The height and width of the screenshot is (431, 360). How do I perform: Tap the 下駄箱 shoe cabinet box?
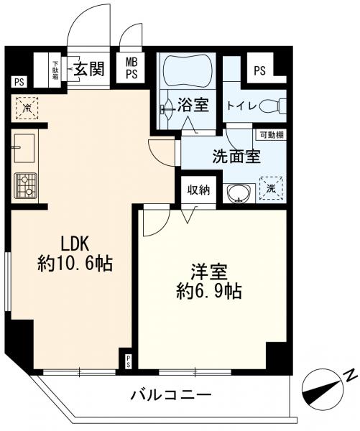pos(55,70)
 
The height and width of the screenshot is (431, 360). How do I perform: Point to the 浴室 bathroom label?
pos(194,106)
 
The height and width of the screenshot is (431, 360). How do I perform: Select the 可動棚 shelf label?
pos(270,134)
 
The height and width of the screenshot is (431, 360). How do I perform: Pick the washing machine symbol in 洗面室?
pos(271,187)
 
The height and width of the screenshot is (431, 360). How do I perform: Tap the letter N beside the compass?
pos(349,375)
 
